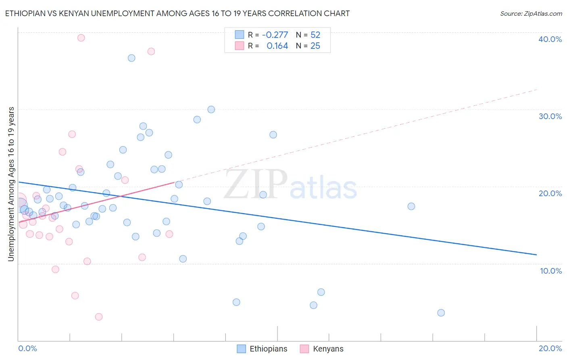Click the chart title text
pos(177,13)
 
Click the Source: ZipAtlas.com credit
pos(531,13)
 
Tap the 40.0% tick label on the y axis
pos(550,39)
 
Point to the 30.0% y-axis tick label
pos(550,116)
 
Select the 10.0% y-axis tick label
pos(551,271)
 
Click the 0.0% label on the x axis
pos(27,348)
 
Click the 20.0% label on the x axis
pos(550,348)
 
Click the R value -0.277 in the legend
pos(275,35)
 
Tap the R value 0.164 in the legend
pos(277,46)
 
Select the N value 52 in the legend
pos(315,35)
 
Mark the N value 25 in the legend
pos(315,46)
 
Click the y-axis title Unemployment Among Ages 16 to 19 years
pos(11,184)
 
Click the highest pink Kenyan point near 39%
pos(81,38)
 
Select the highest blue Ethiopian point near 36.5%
pos(131,58)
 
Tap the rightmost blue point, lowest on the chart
pos(441,313)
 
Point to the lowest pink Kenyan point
pos(99,317)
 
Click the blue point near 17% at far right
pos(411,206)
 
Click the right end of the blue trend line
pos(536,255)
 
